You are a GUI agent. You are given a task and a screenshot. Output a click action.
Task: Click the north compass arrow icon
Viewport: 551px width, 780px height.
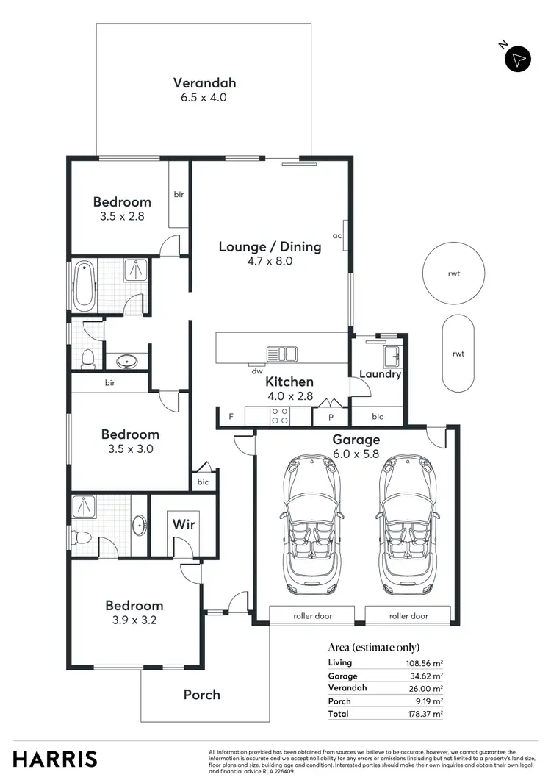518,59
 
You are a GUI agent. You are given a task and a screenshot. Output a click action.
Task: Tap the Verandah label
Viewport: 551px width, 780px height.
204,83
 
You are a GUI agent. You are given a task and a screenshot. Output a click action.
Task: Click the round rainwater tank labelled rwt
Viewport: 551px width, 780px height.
453,273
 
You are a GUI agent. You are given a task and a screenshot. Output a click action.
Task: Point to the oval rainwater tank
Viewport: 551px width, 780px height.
458,354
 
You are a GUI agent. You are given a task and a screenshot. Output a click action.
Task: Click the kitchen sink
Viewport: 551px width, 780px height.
281,354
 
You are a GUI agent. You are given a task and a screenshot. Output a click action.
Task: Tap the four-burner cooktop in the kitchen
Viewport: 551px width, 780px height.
279,417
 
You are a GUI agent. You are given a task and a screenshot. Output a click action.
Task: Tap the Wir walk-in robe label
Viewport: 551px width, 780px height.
183,525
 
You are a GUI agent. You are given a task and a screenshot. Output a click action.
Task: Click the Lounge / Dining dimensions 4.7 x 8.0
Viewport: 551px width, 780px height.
270,260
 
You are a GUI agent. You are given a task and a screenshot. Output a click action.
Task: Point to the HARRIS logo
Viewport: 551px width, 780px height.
55,759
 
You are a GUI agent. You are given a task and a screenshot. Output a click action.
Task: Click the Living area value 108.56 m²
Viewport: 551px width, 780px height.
422,663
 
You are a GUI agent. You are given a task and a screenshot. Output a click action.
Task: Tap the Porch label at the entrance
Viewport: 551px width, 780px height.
201,695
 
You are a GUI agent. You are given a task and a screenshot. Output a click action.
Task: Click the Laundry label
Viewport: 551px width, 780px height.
380,374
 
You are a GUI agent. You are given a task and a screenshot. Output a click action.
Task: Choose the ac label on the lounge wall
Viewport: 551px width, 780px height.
337,236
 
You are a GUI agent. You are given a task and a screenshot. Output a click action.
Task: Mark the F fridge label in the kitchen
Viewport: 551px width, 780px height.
231,417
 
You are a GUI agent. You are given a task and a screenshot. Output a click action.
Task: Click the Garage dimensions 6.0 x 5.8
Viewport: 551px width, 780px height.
356,454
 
